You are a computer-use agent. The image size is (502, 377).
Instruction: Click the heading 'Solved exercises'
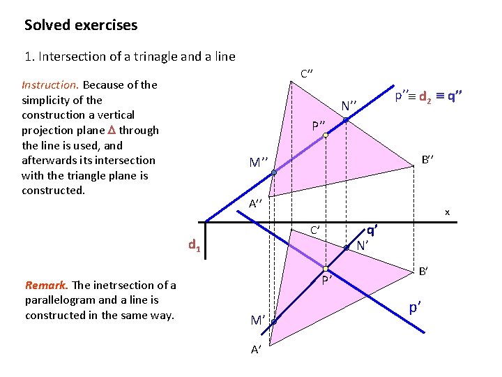pos(81,25)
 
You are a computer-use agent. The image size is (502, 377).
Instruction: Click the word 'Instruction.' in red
pos(50,84)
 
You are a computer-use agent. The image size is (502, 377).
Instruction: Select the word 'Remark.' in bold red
pos(47,285)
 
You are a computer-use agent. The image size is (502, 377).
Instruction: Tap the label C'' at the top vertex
pos(307,73)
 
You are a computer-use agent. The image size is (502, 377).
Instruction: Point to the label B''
pos(428,159)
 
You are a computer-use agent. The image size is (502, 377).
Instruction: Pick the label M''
pos(259,163)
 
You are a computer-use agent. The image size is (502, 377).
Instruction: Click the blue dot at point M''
pos(274,172)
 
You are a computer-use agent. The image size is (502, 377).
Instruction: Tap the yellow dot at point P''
pos(326,137)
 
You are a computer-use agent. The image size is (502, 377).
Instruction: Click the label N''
pos(349,106)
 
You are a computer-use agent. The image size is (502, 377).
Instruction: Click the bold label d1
pos(195,245)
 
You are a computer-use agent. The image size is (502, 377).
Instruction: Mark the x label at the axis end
pos(448,212)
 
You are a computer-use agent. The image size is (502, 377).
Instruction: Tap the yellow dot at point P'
pos(326,269)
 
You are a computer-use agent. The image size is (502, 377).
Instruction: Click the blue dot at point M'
pos(274,323)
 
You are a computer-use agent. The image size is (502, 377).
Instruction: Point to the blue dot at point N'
pos(347,246)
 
